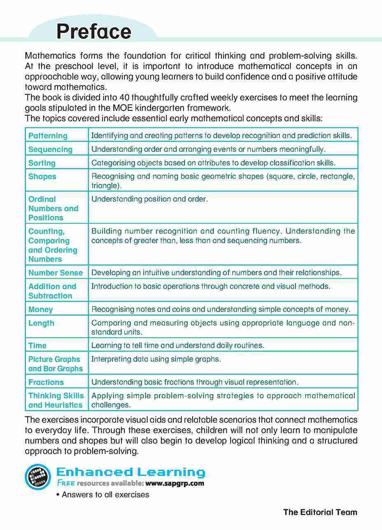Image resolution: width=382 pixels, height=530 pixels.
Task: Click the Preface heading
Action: [94, 31]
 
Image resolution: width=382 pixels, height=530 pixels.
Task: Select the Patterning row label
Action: [48, 135]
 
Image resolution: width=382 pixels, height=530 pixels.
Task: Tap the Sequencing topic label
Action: [50, 149]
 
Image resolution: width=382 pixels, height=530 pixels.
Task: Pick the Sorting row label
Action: [42, 163]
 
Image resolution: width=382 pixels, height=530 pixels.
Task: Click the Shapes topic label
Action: [42, 176]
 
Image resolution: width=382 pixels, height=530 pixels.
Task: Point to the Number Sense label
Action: [56, 273]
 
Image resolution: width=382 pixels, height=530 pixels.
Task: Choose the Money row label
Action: [41, 309]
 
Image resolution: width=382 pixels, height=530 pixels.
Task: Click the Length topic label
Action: [41, 323]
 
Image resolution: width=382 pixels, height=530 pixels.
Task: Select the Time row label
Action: [37, 346]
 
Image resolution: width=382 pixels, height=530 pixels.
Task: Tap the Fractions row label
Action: [46, 382]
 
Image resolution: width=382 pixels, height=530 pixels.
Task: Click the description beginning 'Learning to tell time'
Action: [177, 346]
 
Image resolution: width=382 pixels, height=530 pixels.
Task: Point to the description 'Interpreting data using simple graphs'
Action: [156, 359]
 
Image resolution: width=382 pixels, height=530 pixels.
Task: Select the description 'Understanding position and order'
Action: [149, 199]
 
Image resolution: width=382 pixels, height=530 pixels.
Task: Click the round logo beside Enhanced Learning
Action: [38, 477]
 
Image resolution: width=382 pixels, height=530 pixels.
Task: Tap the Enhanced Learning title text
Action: [130, 472]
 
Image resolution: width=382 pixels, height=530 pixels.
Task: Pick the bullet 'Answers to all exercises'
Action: [103, 495]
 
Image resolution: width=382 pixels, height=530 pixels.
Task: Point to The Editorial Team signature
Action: [320, 512]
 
